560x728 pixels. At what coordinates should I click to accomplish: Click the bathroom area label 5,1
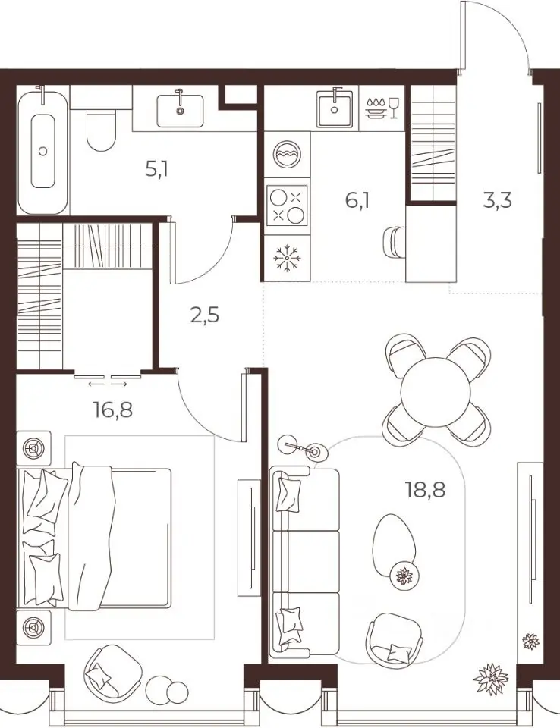click(156, 169)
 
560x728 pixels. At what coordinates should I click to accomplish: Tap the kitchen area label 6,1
click(357, 201)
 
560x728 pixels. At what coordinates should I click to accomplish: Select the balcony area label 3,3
click(497, 201)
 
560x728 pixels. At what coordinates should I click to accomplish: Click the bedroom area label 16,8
click(113, 410)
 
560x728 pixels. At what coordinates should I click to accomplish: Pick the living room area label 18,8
click(426, 489)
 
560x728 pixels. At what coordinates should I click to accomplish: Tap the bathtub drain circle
click(42, 151)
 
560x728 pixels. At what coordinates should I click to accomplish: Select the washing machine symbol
click(287, 155)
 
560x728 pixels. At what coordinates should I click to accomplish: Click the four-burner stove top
click(287, 206)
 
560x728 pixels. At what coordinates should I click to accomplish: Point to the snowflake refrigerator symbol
click(287, 258)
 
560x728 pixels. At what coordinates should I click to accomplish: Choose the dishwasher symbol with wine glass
click(382, 108)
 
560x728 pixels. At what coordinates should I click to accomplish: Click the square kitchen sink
click(334, 109)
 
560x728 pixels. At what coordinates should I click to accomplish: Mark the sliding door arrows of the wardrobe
click(108, 384)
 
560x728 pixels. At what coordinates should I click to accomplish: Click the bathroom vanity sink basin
click(180, 111)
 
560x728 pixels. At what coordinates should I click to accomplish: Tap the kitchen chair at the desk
click(394, 241)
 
